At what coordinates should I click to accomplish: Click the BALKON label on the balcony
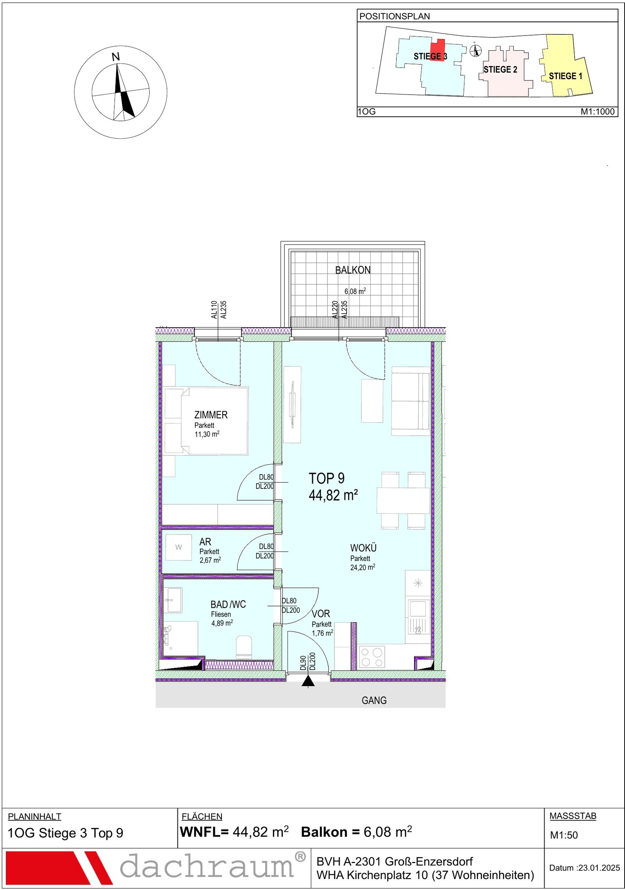click(x=352, y=270)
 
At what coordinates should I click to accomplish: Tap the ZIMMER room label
click(x=211, y=415)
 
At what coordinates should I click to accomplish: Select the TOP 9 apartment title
click(x=327, y=478)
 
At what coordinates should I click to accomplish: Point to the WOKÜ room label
click(x=363, y=548)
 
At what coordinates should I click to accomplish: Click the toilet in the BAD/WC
click(x=244, y=647)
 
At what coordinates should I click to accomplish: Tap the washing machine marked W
click(x=179, y=547)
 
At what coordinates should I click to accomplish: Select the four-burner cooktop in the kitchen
click(x=372, y=657)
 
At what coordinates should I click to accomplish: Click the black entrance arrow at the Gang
click(x=308, y=681)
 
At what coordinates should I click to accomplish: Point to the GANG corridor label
click(x=374, y=700)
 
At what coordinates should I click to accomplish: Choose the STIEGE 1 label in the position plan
click(x=565, y=76)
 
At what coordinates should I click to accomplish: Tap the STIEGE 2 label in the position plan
click(x=500, y=70)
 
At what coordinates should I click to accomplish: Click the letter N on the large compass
click(x=116, y=57)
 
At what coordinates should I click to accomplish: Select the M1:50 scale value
click(x=564, y=835)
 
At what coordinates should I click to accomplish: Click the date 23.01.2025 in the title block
click(x=599, y=868)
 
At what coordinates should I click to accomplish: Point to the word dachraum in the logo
click(x=207, y=867)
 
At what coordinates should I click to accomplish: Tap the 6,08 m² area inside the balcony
click(x=355, y=291)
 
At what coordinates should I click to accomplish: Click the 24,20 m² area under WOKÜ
click(x=362, y=567)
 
